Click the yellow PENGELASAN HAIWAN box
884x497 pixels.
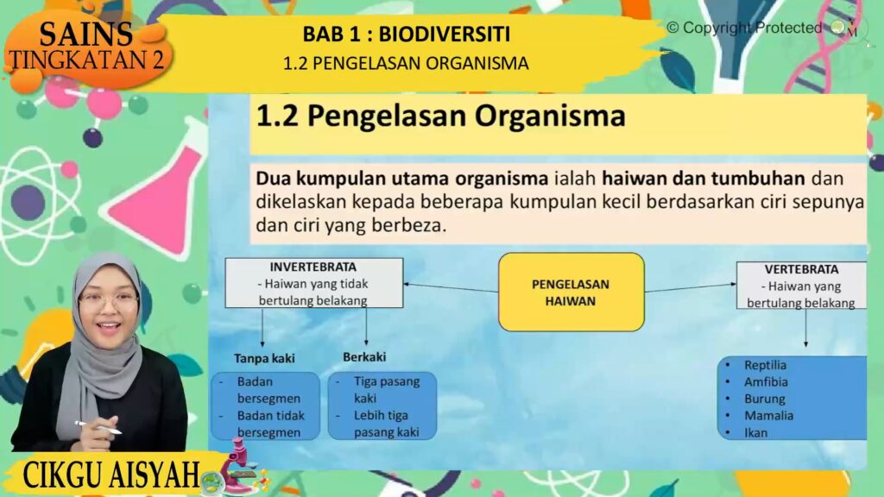point(571,292)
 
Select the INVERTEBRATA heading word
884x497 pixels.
point(313,267)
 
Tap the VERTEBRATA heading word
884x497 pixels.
point(801,269)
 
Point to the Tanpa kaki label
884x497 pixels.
point(264,358)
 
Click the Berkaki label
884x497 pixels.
point(364,356)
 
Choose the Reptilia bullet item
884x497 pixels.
point(765,365)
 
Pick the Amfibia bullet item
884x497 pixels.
point(766,382)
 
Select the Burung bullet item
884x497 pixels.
point(765,399)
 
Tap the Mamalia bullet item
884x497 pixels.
point(768,416)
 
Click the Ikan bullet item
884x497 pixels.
point(755,433)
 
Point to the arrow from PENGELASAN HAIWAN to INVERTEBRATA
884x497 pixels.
point(451,288)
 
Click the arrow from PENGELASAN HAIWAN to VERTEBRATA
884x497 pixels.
point(691,288)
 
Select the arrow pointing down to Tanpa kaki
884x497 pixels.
point(262,327)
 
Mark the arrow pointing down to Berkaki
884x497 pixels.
point(366,326)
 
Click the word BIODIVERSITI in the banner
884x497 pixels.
point(445,35)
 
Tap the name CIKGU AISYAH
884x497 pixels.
point(111,475)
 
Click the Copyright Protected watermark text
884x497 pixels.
point(744,28)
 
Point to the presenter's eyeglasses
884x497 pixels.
point(108,301)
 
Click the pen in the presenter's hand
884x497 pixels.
point(98,428)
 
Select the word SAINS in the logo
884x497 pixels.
point(85,34)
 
